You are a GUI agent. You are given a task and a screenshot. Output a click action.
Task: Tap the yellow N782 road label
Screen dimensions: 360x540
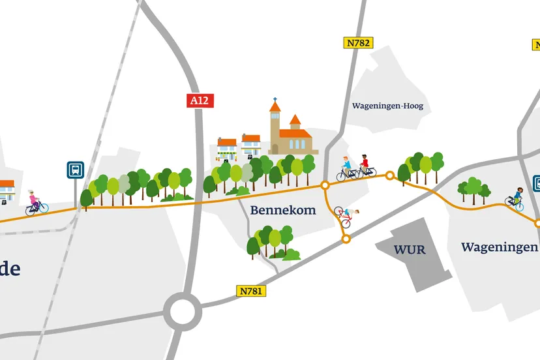(358, 43)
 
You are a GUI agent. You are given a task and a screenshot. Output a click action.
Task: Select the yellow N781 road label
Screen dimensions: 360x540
(250, 291)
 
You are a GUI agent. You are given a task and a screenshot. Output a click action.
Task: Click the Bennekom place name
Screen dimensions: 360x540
(282, 210)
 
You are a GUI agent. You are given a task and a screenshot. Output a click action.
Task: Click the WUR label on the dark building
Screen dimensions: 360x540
(410, 250)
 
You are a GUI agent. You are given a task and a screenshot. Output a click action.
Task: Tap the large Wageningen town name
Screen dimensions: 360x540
(499, 247)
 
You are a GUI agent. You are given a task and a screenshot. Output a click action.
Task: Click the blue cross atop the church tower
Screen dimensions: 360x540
(275, 102)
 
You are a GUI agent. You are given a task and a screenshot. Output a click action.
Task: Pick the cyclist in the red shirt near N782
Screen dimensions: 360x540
(365, 166)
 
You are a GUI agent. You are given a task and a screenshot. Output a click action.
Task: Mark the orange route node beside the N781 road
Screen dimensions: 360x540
(346, 239)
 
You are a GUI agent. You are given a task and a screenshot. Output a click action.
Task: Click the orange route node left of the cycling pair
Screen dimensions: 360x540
(325, 186)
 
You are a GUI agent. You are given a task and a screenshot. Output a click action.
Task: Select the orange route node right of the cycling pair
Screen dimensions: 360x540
(390, 175)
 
